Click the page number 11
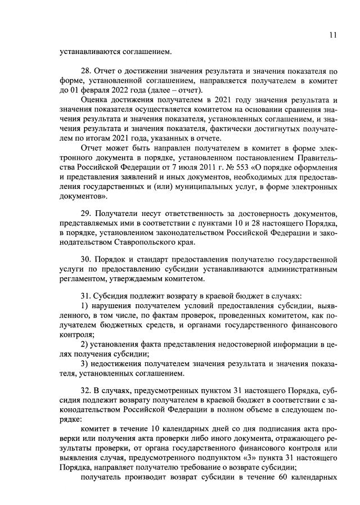tap(333, 35)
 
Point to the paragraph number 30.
tap(87, 260)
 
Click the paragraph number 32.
tap(87, 390)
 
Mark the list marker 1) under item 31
tap(85, 305)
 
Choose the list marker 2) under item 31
tap(85, 344)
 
